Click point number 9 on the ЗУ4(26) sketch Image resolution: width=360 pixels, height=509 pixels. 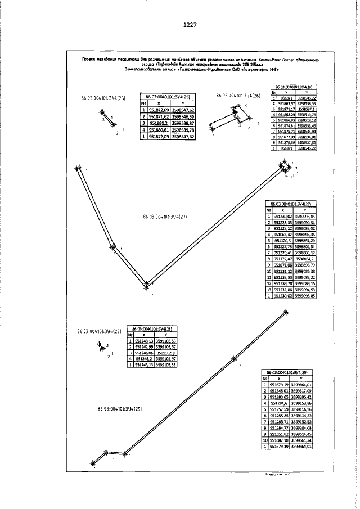click(x=246, y=106)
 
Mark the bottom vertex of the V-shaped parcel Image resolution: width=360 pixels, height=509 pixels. click(x=146, y=285)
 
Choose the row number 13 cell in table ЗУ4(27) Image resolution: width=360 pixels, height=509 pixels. click(x=269, y=289)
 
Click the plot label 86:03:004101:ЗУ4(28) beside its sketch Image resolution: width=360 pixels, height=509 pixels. click(x=102, y=331)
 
